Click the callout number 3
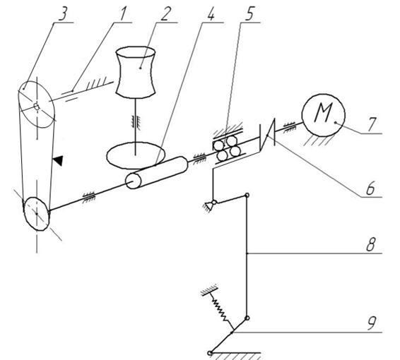click(x=63, y=13)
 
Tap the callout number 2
click(x=165, y=13)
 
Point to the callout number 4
click(x=211, y=13)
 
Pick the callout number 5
click(x=249, y=13)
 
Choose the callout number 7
click(x=372, y=124)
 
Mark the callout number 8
click(x=370, y=244)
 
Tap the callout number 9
click(x=371, y=323)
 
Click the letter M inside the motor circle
click(x=324, y=112)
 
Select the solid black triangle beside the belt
click(x=58, y=161)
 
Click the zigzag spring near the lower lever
click(x=220, y=308)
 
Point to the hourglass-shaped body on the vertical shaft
click(x=136, y=72)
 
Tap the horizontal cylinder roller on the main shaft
click(x=157, y=173)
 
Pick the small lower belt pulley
click(x=36, y=214)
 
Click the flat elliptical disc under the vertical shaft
click(x=136, y=155)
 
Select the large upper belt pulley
click(x=37, y=104)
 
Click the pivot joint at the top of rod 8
click(x=247, y=196)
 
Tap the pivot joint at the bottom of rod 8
click(x=247, y=318)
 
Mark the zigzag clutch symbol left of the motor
click(x=267, y=135)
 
